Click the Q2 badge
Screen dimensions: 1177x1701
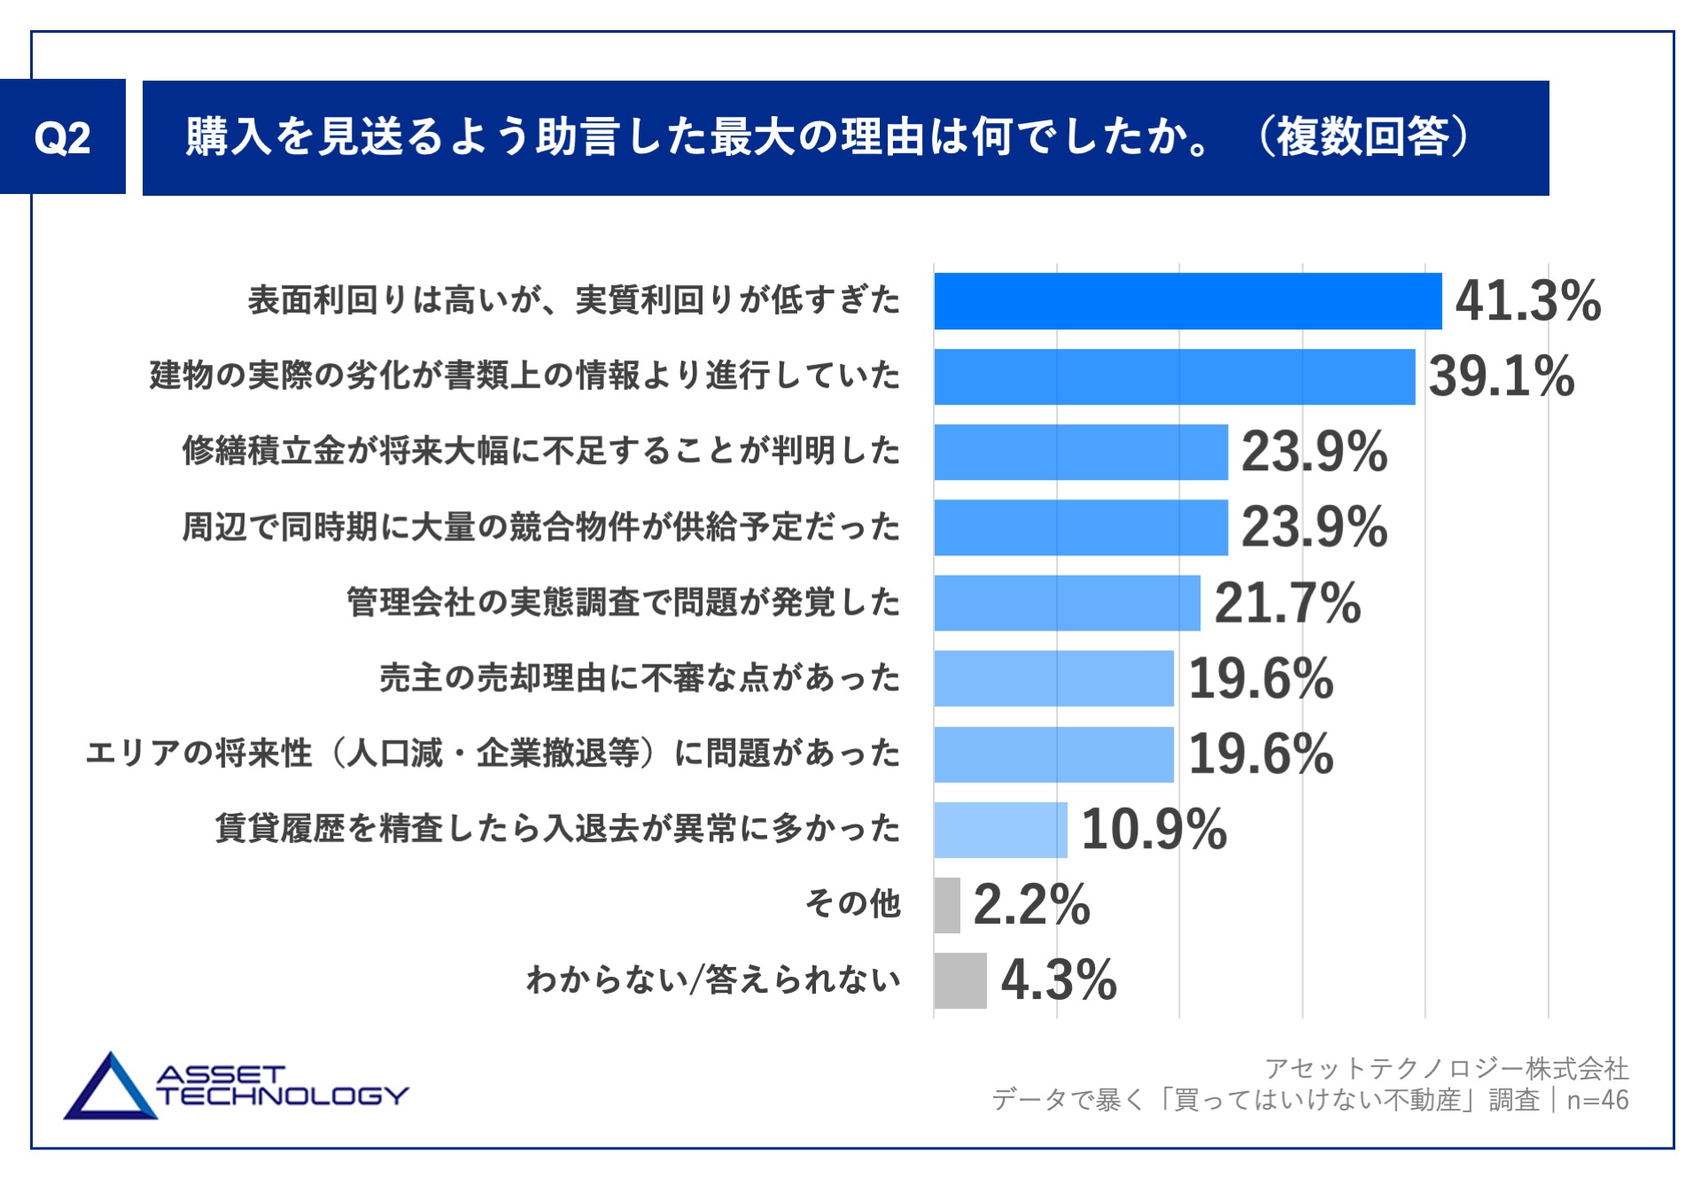62,137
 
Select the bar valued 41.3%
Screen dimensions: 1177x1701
1187,301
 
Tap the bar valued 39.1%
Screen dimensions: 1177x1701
1174,376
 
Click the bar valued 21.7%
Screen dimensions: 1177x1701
1067,603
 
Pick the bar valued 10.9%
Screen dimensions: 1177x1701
1000,830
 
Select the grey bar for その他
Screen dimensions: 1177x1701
947,905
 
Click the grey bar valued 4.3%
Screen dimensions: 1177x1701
960,980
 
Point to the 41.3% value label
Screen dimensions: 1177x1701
1527,301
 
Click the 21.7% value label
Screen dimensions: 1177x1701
1286,603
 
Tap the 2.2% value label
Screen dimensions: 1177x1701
1031,905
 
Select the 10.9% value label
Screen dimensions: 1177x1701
1153,830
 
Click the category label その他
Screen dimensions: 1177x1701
852,904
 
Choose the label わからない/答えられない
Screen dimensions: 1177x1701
713,980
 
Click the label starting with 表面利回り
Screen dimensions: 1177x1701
574,300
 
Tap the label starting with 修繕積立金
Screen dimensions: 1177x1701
541,451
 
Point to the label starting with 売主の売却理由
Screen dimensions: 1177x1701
640,678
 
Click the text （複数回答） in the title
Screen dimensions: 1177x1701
1364,137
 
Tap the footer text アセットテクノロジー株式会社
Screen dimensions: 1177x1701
1446,1068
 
